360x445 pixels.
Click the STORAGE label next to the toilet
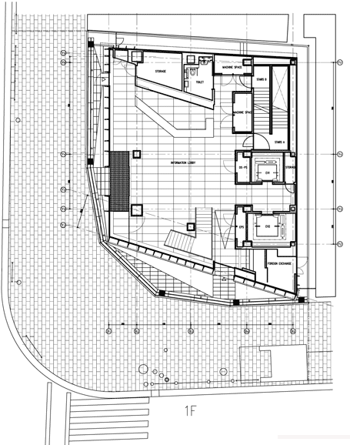161,72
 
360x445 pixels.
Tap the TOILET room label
199,81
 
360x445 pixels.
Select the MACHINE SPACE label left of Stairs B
233,68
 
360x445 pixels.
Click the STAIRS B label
262,79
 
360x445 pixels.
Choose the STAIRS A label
279,142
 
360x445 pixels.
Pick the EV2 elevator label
268,227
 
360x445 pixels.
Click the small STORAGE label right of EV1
291,166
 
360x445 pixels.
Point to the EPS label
241,227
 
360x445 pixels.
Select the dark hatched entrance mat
118,182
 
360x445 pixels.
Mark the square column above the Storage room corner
139,57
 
